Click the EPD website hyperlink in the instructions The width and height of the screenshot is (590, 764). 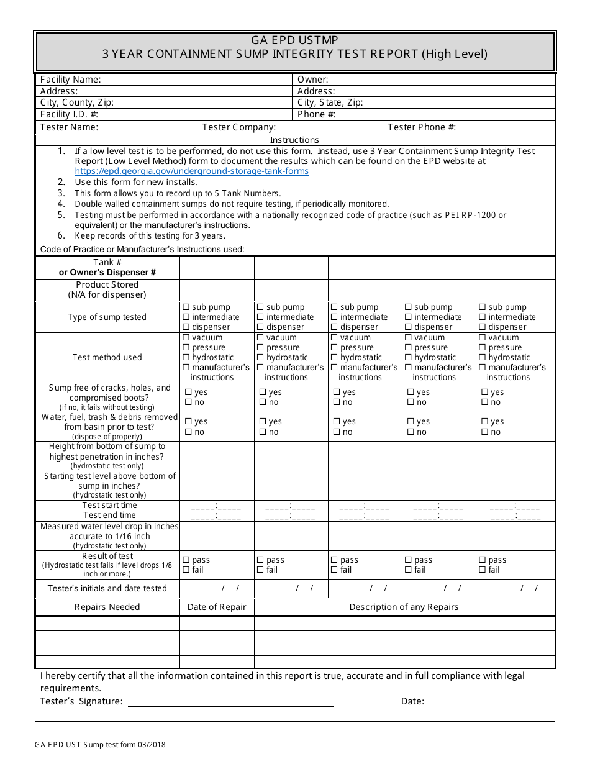pyautogui.click(x=191, y=171)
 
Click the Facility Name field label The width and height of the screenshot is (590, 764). pyautogui.click(x=70, y=80)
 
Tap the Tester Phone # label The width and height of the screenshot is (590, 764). pyautogui.click(x=422, y=127)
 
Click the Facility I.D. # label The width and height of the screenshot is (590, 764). pyautogui.click(x=69, y=114)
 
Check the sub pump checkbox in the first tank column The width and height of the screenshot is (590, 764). pyautogui.click(x=186, y=307)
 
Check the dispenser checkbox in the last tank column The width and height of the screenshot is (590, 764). pyautogui.click(x=482, y=327)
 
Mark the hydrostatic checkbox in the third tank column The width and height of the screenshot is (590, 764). pyautogui.click(x=334, y=357)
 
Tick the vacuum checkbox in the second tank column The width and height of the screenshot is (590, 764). pyautogui.click(x=260, y=337)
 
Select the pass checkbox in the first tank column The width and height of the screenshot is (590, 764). pyautogui.click(x=186, y=560)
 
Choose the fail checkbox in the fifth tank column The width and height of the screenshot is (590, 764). pyautogui.click(x=482, y=570)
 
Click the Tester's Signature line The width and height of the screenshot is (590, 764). pyautogui.click(x=230, y=702)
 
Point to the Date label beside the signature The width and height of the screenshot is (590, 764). pyautogui.click(x=412, y=701)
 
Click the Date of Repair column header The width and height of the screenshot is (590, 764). pyautogui.click(x=217, y=607)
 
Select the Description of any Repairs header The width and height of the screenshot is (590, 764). pyautogui.click(x=404, y=607)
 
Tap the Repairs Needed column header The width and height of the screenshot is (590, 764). pyautogui.click(x=107, y=607)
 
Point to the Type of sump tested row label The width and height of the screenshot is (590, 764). pyautogui.click(x=107, y=317)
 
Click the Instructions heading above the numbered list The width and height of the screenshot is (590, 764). pyautogui.click(x=294, y=140)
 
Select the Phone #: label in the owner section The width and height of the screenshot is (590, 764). pyautogui.click(x=317, y=114)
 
